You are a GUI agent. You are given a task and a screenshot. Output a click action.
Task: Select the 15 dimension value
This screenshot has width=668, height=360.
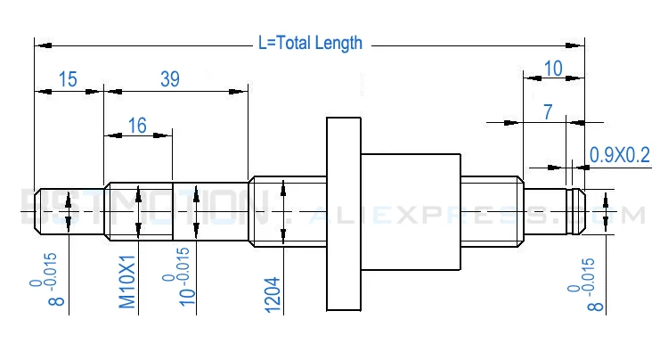67,79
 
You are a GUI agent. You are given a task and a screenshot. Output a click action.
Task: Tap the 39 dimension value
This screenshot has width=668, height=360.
169,79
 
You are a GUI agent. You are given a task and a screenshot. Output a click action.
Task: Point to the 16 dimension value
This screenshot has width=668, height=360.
136,126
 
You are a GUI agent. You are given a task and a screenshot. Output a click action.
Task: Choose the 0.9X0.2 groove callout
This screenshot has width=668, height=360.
620,154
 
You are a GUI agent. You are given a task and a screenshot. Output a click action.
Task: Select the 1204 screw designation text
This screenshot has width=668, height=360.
273,290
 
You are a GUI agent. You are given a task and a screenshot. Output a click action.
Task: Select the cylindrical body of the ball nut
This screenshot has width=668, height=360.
410,212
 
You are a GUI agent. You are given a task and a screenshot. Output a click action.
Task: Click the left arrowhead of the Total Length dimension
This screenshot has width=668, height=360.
41,42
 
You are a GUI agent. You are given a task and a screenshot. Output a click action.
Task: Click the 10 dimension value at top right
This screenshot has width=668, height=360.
552,69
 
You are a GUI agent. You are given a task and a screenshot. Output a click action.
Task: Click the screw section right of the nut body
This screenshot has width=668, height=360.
490,211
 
